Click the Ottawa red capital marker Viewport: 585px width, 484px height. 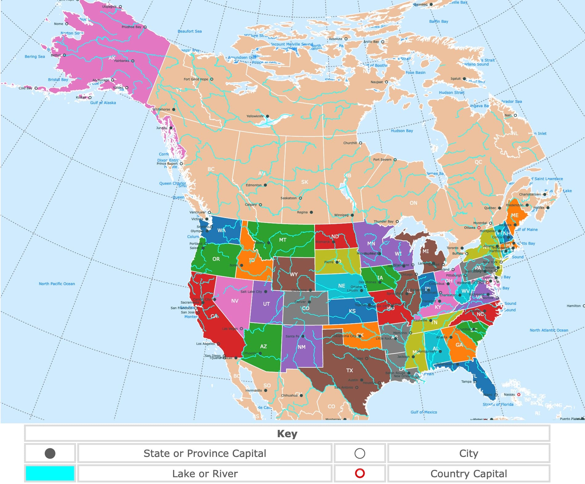pyautogui.click(x=479, y=228)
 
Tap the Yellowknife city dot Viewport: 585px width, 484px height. pyautogui.click(x=268, y=116)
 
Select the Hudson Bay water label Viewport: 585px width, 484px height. pyautogui.click(x=402, y=131)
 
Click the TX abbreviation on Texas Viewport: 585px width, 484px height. pyautogui.click(x=349, y=370)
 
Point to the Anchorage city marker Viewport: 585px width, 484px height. pyautogui.click(x=113, y=80)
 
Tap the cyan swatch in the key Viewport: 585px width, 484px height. pyautogui.click(x=50, y=473)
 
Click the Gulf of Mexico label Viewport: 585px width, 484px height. pyautogui.click(x=424, y=412)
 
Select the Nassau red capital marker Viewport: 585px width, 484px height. pyautogui.click(x=519, y=394)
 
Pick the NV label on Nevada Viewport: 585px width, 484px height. pyautogui.click(x=235, y=301)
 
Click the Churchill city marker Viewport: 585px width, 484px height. pyautogui.click(x=361, y=143)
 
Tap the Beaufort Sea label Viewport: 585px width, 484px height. pyautogui.click(x=190, y=31)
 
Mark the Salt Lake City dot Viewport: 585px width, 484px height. pyautogui.click(x=266, y=292)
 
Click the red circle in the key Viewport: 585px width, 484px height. pyautogui.click(x=360, y=473)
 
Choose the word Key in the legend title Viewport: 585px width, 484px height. pyautogui.click(x=287, y=434)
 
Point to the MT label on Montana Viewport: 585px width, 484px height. pyautogui.click(x=283, y=240)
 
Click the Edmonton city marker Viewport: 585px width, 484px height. pyautogui.click(x=265, y=185)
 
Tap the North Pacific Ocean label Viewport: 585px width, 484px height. pyautogui.click(x=57, y=284)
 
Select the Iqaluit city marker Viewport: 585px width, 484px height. pyautogui.click(x=464, y=79)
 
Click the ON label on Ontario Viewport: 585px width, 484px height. pyautogui.click(x=413, y=203)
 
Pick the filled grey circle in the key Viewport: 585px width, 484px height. pyautogui.click(x=50, y=453)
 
